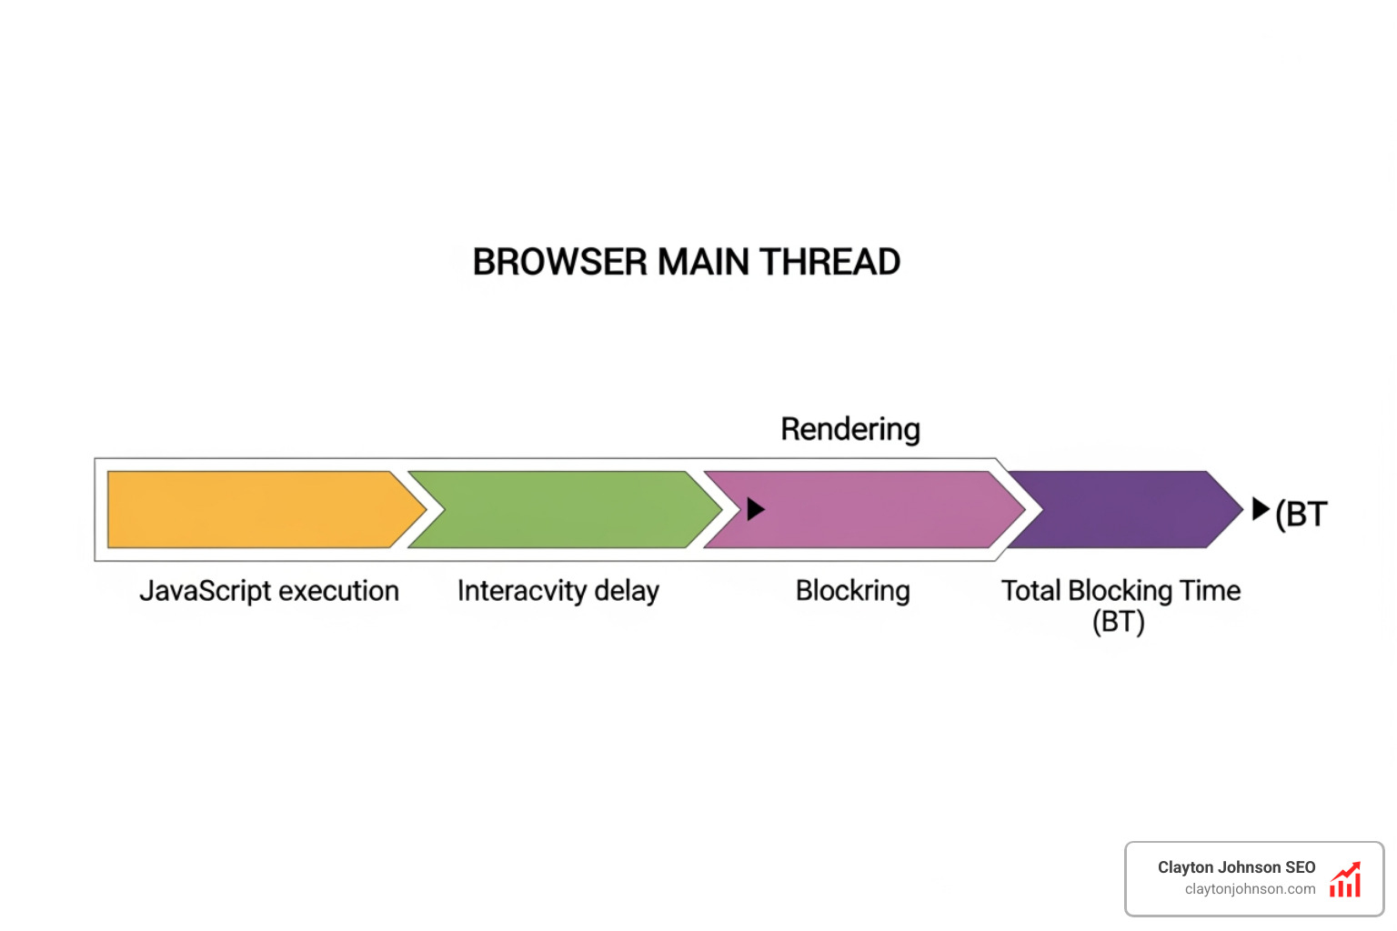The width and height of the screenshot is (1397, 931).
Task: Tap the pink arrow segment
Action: pos(864,509)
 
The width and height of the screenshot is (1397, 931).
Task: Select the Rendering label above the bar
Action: pos(850,429)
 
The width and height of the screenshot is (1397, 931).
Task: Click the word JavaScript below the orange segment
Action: pos(205,591)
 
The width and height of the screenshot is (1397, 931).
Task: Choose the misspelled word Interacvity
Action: pos(521,591)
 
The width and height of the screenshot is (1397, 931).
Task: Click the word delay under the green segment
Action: pos(627,591)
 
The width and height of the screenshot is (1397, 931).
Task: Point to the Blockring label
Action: pos(852,591)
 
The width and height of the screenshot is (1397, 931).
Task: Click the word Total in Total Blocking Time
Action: pos(1031,591)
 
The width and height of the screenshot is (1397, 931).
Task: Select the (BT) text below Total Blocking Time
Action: pos(1118,623)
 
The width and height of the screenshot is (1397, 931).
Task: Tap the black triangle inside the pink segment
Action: pos(755,509)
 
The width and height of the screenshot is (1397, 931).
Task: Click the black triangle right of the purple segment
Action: pos(1260,509)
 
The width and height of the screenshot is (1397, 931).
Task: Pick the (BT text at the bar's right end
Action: pos(1302,515)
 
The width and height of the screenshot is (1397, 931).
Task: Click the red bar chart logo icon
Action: pos(1345,880)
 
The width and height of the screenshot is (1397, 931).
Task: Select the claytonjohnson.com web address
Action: pos(1250,889)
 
